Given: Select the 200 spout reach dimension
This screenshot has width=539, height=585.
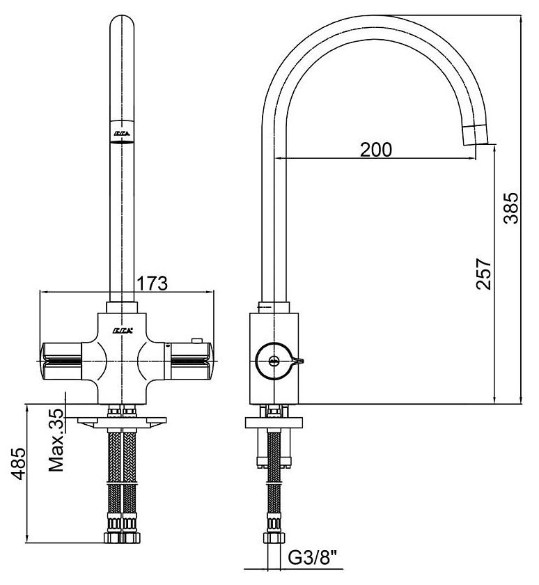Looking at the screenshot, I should (376, 149).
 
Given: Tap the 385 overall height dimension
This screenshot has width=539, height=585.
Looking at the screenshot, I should (512, 207).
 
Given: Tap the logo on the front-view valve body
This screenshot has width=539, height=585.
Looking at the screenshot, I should (122, 329).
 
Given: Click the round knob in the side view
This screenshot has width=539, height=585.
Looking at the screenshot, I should (273, 360).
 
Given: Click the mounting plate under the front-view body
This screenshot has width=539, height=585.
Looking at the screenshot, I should (122, 421).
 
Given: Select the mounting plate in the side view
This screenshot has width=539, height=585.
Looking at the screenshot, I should (274, 422).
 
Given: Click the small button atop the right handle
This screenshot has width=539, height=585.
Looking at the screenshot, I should (197, 341).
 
